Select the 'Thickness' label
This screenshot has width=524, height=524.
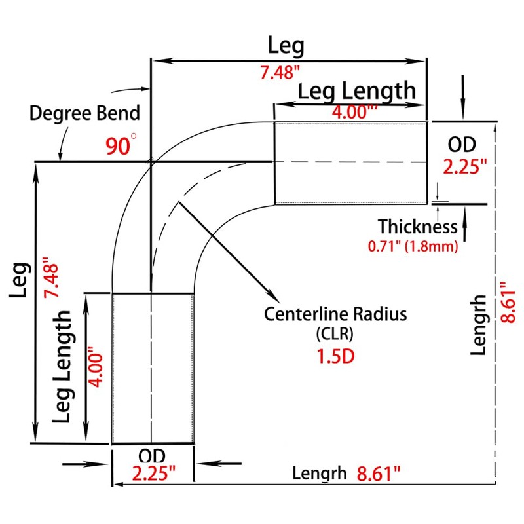point(417,227)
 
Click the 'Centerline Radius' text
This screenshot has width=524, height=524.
point(335,314)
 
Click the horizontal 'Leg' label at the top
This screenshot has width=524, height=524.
point(286,46)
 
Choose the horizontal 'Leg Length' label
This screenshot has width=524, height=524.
point(357,90)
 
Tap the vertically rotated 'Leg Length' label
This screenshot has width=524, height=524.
point(64,367)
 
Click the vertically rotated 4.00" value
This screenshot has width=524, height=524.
point(96,367)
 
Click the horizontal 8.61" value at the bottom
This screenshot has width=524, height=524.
point(378,473)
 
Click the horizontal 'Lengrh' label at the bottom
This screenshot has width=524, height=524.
point(319,473)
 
